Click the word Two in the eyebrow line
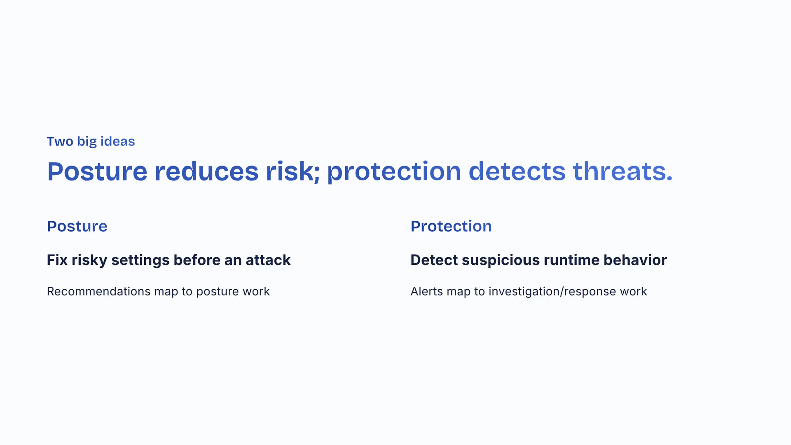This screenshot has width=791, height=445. click(60, 141)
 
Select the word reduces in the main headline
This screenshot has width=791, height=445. click(206, 171)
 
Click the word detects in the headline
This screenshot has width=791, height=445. click(517, 171)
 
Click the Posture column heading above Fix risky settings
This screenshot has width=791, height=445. click(77, 226)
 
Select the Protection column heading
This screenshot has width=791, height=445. click(451, 226)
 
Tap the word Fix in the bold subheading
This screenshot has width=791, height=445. click(57, 260)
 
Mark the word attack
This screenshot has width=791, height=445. click(268, 260)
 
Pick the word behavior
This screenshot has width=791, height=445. click(635, 260)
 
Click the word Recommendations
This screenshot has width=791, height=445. click(99, 291)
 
